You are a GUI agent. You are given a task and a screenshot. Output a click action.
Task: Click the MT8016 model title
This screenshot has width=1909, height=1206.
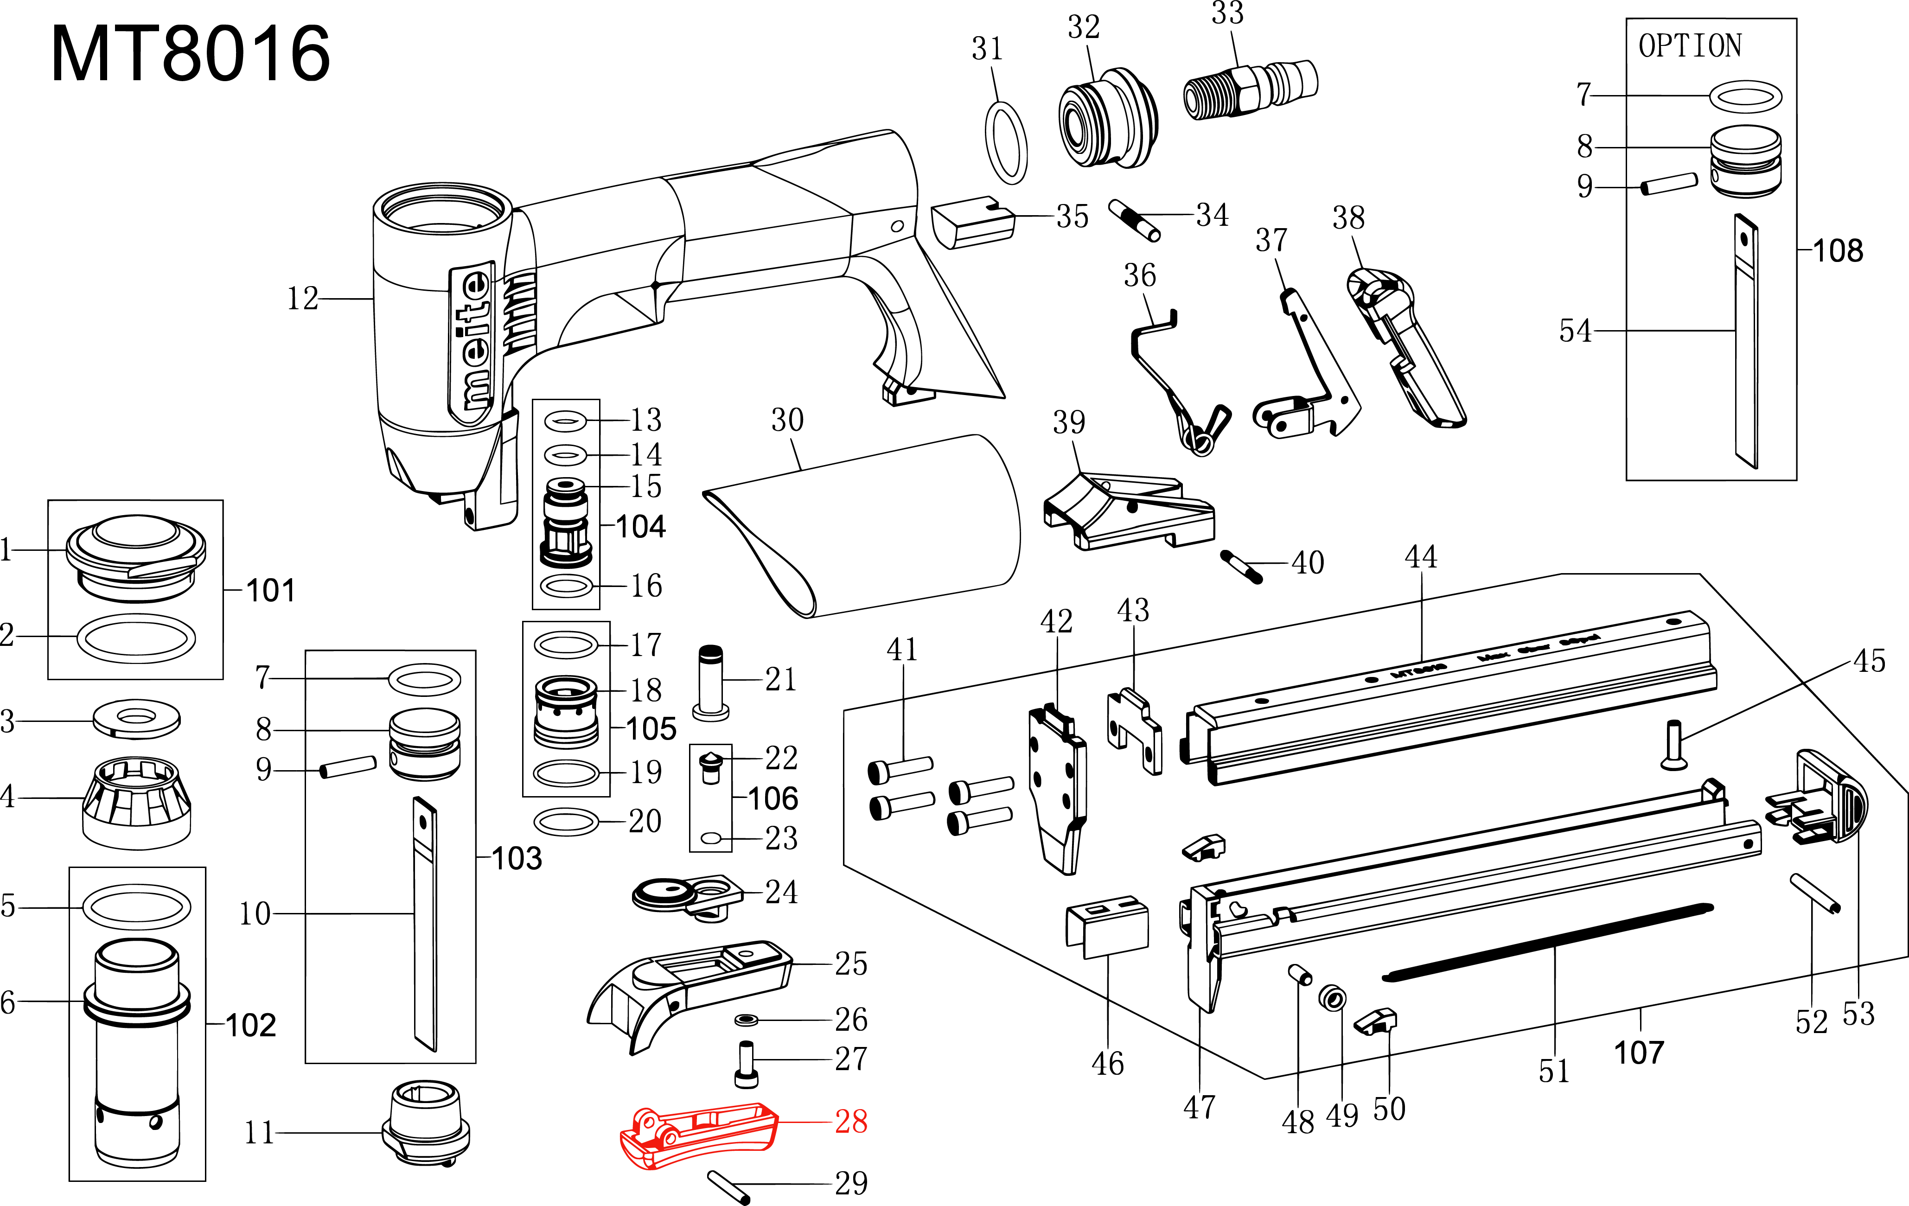pyautogui.click(x=190, y=54)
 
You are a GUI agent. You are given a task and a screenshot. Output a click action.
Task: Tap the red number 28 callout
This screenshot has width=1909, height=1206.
pyautogui.click(x=851, y=1121)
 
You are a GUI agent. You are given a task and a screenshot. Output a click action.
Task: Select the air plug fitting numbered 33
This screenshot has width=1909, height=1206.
pyautogui.click(x=1250, y=89)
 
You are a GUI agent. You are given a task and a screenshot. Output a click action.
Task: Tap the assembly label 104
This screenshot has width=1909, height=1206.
pyautogui.click(x=640, y=526)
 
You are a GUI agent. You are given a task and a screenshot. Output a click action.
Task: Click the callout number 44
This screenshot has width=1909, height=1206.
pyautogui.click(x=1421, y=556)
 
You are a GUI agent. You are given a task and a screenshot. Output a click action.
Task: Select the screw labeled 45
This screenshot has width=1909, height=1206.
pyautogui.click(x=1673, y=745)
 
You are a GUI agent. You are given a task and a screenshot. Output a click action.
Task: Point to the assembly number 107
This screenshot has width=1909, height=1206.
pyautogui.click(x=1639, y=1052)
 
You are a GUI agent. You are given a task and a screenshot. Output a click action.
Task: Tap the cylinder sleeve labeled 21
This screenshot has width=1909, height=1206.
pyautogui.click(x=710, y=682)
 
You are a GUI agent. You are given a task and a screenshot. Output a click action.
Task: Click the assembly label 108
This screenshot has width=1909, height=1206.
pyautogui.click(x=1838, y=250)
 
